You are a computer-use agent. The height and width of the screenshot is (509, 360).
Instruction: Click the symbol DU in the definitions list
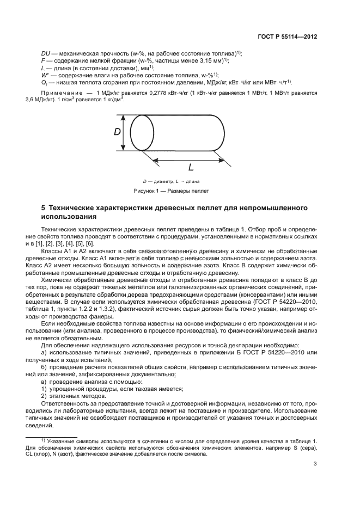pyautogui.click(x=46, y=53)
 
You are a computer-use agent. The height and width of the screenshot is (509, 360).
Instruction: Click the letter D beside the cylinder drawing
pyautogui.click(x=117, y=132)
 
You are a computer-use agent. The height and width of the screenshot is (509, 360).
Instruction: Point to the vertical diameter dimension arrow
pyautogui.click(x=126, y=132)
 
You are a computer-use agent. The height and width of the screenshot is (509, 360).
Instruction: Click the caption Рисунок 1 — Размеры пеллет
pyautogui.click(x=172, y=191)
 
